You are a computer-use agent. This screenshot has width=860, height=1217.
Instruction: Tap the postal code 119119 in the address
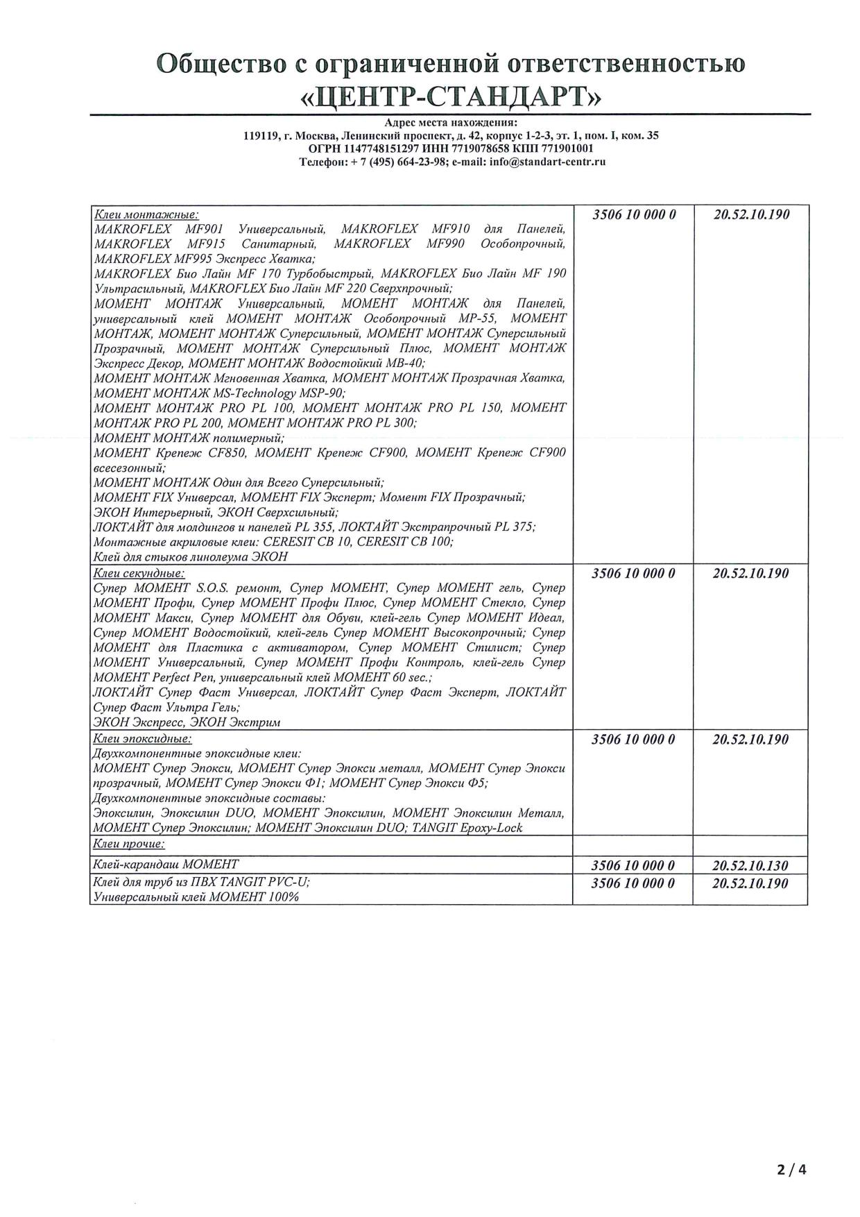(257, 136)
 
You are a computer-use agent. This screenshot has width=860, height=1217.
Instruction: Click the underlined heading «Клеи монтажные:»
(146, 214)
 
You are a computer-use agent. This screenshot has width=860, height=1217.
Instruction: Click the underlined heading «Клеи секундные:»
(139, 573)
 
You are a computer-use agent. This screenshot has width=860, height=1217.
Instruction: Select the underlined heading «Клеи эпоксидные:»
(142, 739)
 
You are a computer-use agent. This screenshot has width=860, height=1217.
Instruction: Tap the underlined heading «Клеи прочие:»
(129, 844)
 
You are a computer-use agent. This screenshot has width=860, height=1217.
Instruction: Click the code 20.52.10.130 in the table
(750, 865)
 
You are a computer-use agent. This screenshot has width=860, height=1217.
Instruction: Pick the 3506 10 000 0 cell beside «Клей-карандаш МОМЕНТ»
(633, 865)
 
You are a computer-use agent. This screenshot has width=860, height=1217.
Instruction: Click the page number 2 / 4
(791, 1170)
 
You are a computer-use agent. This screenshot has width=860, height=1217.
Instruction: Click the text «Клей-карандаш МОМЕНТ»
(166, 864)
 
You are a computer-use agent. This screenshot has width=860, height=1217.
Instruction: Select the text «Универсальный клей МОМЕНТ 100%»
(196, 896)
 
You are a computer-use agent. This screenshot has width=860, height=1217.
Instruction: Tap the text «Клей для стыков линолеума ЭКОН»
(190, 556)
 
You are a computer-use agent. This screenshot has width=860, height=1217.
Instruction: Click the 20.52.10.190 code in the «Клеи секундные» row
(750, 574)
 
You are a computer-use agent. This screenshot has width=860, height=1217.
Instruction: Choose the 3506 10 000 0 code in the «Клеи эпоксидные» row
(633, 740)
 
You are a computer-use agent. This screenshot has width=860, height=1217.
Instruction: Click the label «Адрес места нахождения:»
(451, 124)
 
